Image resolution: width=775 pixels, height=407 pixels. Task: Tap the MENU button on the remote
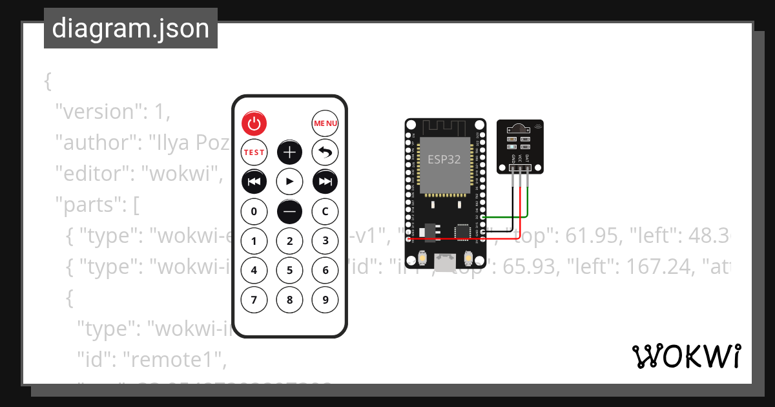325,123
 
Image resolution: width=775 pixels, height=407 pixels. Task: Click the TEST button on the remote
254,152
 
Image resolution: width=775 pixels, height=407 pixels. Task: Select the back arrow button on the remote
325,152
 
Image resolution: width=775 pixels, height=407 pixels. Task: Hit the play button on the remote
290,182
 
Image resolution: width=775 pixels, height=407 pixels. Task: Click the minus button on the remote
290,211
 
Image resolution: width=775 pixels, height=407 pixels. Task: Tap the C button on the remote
325,211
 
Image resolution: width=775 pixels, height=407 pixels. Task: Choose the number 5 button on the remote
290,270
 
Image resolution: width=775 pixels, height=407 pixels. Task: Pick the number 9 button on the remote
325,299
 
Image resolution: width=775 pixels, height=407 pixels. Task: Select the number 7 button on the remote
254,299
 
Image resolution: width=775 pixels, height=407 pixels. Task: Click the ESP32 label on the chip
445,159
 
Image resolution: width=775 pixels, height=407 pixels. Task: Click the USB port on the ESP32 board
445,262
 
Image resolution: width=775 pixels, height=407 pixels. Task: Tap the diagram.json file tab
130,29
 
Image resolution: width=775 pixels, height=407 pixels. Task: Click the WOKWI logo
686,357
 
